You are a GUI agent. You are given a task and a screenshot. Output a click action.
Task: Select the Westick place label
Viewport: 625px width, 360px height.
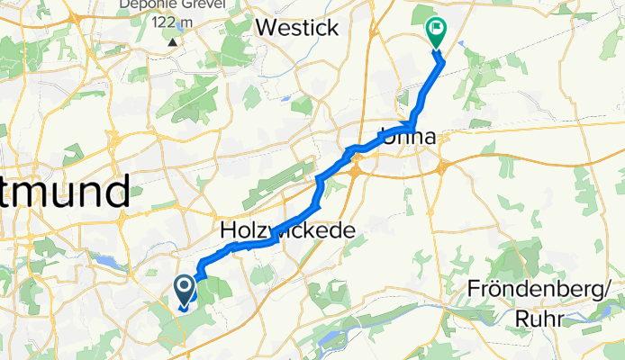point(297,28)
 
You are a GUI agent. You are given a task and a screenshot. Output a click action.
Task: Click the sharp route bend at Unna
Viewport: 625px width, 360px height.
point(412,125)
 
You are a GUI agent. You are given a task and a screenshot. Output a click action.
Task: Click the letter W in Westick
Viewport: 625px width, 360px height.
point(268,28)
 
